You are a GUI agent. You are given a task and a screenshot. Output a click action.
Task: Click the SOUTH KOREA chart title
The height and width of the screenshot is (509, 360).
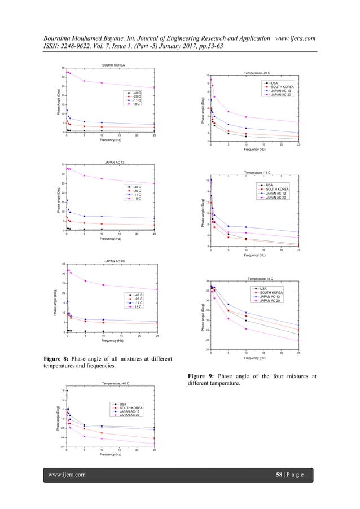113,65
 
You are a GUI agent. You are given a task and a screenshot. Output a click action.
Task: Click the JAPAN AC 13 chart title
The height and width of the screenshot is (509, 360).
113,162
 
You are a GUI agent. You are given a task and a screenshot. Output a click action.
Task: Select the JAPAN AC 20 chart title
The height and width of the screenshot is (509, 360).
113,261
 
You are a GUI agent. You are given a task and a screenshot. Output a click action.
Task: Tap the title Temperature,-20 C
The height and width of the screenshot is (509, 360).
257,73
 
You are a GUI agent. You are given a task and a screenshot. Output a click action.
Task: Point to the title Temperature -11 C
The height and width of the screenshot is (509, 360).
257,172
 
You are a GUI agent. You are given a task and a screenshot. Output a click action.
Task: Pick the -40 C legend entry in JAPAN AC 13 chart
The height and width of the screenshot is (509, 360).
137,187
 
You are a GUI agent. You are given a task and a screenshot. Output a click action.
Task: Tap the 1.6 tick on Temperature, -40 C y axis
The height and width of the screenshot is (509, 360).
63,390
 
